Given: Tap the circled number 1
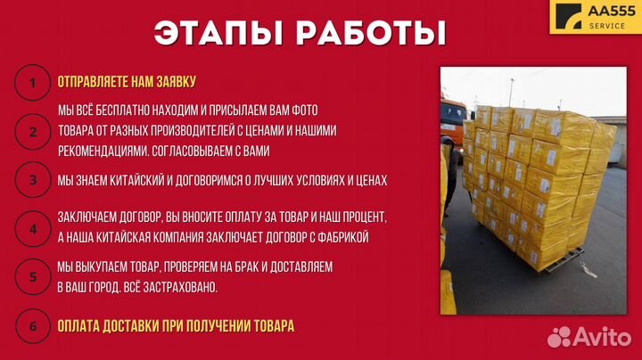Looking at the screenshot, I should [33, 83].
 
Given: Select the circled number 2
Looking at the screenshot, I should [33, 132].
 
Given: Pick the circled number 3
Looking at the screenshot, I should [33, 180].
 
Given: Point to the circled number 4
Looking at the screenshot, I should [33, 227].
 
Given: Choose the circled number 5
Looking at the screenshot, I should [33, 276].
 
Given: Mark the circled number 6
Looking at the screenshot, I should [33, 326].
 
